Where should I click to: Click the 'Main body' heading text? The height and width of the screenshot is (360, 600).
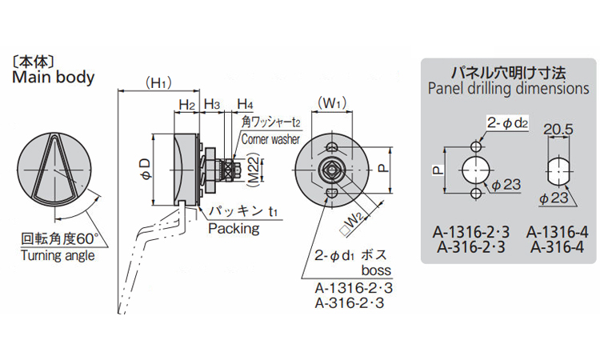53,78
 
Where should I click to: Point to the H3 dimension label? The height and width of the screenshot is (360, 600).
212,104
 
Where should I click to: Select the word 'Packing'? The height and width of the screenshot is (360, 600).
234,229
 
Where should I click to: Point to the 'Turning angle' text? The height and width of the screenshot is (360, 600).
57,255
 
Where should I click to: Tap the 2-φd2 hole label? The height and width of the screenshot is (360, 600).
506,122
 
